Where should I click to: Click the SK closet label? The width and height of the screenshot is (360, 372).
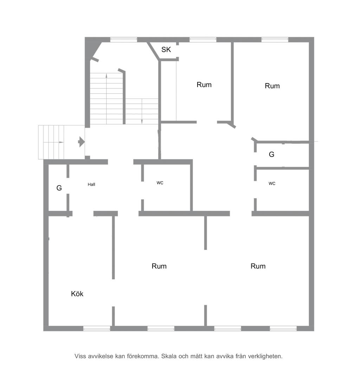(x=166, y=50)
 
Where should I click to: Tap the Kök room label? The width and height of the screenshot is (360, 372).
(x=77, y=294)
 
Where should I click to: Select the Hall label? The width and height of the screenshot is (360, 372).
(x=91, y=184)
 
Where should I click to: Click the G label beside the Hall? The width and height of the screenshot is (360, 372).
(x=59, y=188)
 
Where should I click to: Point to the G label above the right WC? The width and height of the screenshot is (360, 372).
(x=272, y=155)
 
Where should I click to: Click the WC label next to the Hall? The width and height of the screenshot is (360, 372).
(x=160, y=183)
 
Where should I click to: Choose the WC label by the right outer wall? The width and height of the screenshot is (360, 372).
(x=272, y=183)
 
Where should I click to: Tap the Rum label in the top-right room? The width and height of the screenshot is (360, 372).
(x=272, y=86)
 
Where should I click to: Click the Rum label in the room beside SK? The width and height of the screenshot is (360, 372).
(x=204, y=85)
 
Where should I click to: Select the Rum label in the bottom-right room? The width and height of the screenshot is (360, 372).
(x=258, y=266)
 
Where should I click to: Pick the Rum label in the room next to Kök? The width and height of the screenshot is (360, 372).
(x=159, y=266)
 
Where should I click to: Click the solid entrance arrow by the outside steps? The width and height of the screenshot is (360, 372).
(x=82, y=142)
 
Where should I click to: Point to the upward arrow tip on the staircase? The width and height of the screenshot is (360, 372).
(x=107, y=74)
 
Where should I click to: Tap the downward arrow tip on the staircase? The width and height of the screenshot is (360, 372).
(x=142, y=123)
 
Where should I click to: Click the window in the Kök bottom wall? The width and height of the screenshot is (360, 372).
(x=97, y=329)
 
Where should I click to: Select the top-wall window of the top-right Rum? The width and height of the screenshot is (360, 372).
(x=275, y=40)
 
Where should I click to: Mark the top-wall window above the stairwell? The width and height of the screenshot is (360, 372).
(x=124, y=40)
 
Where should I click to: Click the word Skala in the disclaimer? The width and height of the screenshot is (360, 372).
(x=169, y=356)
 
